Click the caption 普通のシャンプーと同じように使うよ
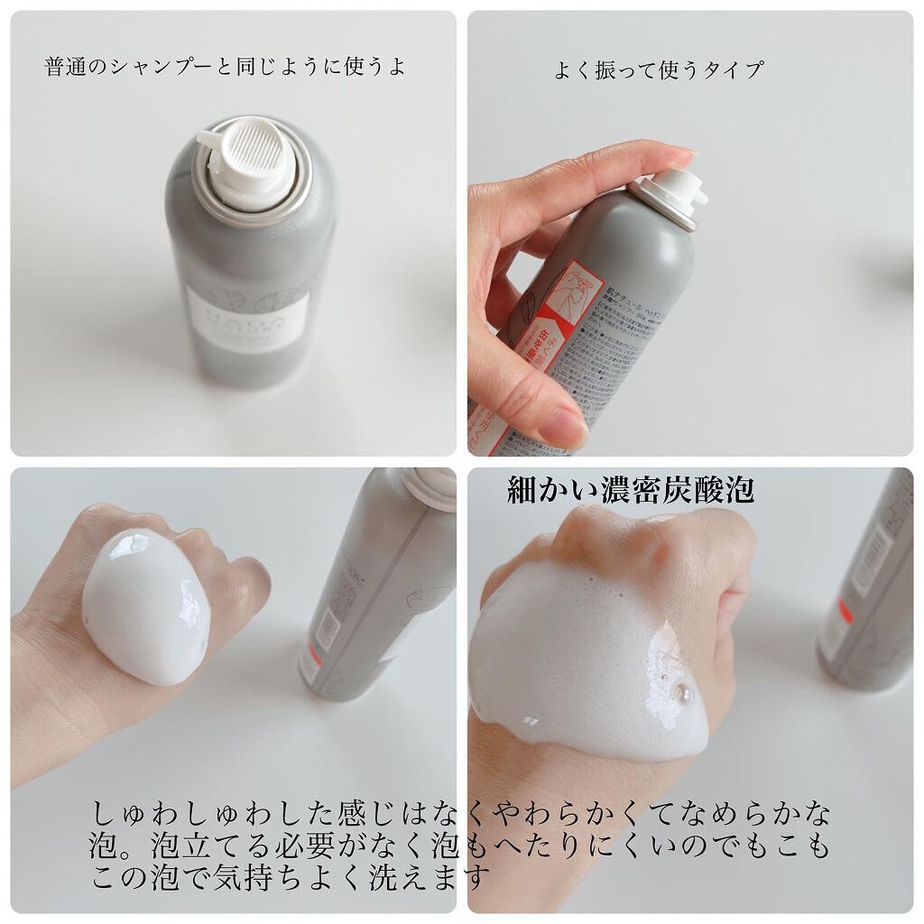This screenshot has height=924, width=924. coord(225,68)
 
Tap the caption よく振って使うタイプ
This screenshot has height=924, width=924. coord(659,70)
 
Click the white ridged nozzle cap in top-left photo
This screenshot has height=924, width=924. coord(247,159)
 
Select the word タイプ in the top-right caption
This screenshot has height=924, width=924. coord(735,70)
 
